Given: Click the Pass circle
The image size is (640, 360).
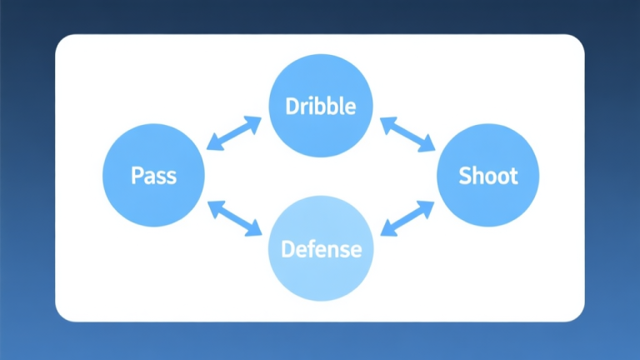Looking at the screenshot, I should pyautogui.click(x=153, y=175).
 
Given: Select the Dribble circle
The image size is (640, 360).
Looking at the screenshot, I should pyautogui.click(x=320, y=106).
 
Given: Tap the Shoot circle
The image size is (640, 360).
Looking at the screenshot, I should pyautogui.click(x=488, y=175).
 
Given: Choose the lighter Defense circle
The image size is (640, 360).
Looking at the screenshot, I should pyautogui.click(x=320, y=248).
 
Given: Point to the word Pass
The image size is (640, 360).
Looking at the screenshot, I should pyautogui.click(x=153, y=176).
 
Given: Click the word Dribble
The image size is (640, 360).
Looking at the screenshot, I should pyautogui.click(x=320, y=107).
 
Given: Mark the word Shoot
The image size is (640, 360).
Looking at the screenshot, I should pyautogui.click(x=488, y=176).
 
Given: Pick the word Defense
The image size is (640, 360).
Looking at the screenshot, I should pyautogui.click(x=321, y=249).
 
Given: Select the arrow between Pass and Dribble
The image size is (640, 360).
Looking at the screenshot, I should pyautogui.click(x=234, y=134).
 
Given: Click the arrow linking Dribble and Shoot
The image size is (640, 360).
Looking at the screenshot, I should pyautogui.click(x=407, y=134).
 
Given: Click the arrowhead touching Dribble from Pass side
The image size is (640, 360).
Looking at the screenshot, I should pyautogui.click(x=254, y=122).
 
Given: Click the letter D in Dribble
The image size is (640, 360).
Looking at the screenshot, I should pyautogui.click(x=292, y=107).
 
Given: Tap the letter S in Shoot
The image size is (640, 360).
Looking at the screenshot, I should pyautogui.click(x=465, y=176).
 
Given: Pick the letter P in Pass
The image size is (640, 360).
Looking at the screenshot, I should pyautogui.click(x=136, y=176).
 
